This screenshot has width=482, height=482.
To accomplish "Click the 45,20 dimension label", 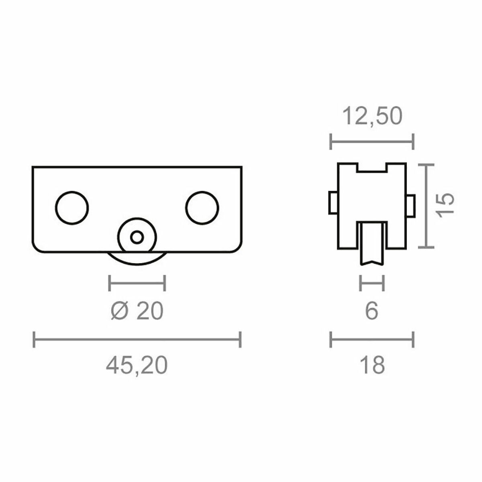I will [137, 366].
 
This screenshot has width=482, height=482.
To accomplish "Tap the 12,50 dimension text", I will [372, 116].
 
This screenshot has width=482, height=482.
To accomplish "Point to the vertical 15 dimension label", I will [446, 204].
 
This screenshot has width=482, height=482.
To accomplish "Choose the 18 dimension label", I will [372, 366].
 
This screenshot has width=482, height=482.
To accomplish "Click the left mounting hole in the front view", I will [72, 207].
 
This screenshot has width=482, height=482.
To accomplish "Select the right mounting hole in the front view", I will [202, 207].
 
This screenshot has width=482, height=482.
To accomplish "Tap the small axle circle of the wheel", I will [137, 237].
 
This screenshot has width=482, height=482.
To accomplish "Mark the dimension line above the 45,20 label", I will [137, 339].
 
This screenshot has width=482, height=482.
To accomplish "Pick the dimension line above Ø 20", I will [137, 283].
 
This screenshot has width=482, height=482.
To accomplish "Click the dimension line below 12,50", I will [372, 141].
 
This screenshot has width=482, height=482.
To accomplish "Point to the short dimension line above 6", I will [372, 283].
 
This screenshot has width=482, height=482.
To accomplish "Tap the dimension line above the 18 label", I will [372, 339].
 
